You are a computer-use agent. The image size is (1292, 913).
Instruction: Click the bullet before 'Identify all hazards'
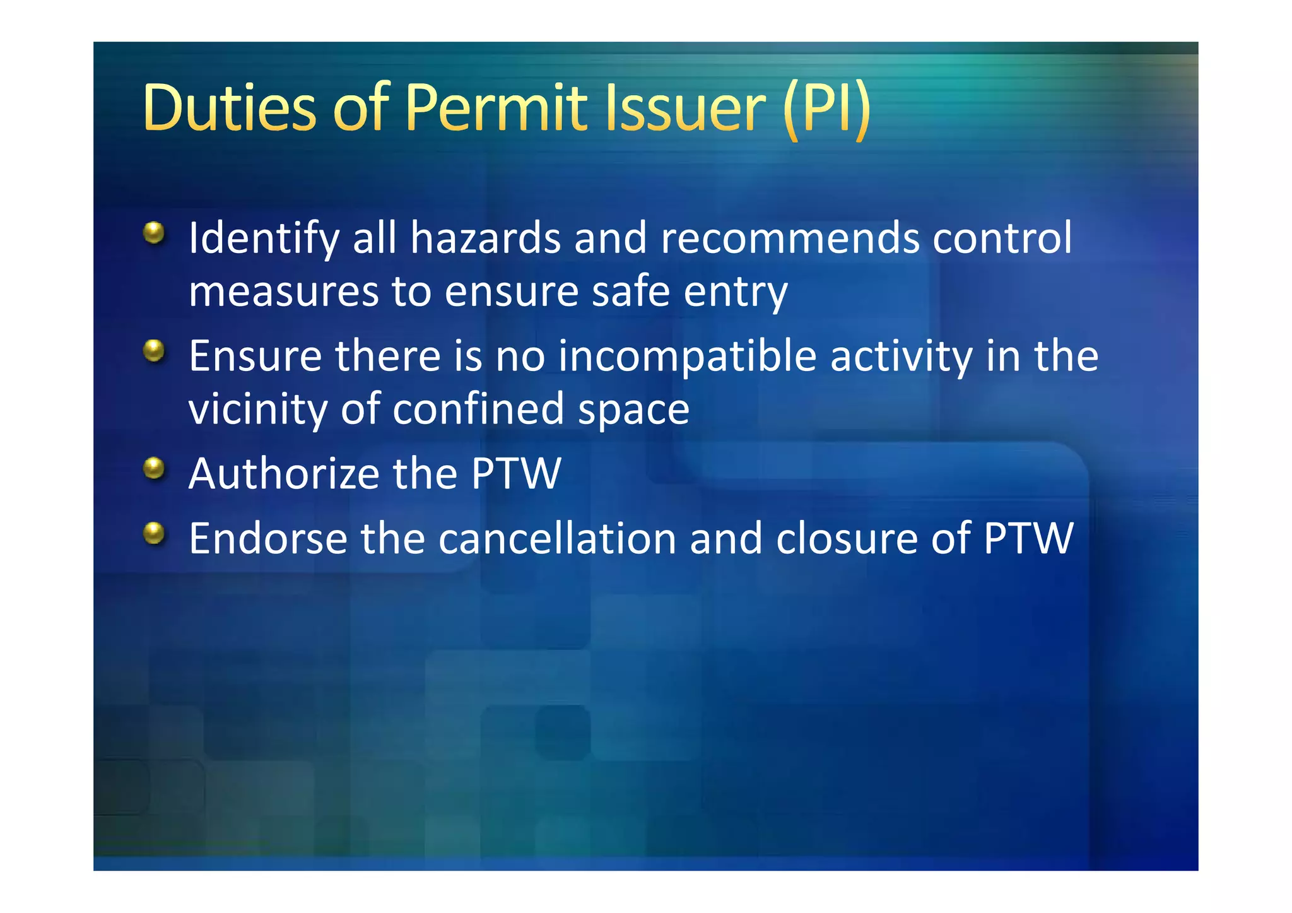click(x=154, y=233)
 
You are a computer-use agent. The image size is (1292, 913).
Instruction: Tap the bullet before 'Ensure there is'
click(x=154, y=351)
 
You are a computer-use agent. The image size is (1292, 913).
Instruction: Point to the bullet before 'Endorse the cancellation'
click(x=154, y=533)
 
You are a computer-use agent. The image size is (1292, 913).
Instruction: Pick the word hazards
click(x=485, y=239)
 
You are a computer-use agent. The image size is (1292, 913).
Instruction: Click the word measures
click(x=283, y=292)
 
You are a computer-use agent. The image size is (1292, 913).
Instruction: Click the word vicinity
click(x=258, y=410)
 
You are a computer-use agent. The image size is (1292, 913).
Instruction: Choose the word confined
click(x=478, y=409)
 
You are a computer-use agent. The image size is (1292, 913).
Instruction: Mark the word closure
click(x=847, y=539)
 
